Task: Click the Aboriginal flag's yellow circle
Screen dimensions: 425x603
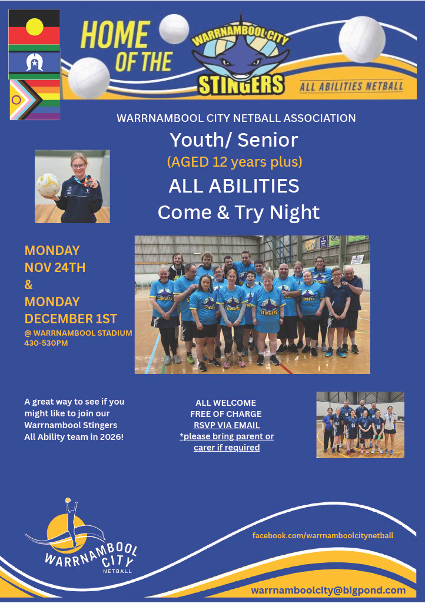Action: point(34,27)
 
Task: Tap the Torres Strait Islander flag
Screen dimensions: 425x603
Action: point(34,62)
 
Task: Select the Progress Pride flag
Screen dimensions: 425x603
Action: point(35,100)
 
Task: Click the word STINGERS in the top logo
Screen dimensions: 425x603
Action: point(241,85)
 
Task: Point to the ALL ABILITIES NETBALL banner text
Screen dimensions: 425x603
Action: point(351,86)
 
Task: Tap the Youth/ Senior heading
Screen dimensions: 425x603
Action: point(234,140)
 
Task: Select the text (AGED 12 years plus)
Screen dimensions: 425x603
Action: point(234,161)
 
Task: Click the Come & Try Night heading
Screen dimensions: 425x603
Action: point(238,212)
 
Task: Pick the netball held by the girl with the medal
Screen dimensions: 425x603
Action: point(48,185)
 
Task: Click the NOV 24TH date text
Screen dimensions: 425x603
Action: point(55,267)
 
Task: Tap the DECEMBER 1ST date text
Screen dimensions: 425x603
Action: point(71,319)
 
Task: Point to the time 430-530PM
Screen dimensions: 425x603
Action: point(46,343)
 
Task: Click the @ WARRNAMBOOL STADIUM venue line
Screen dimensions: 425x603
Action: point(78,333)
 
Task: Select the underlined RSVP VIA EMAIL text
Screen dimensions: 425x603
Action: point(227,425)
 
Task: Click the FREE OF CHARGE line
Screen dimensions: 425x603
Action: point(226,414)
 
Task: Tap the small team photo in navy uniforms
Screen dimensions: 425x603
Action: point(360,425)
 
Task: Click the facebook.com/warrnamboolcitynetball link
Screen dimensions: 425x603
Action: point(323,536)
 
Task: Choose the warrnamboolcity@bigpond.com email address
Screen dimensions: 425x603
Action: point(328,590)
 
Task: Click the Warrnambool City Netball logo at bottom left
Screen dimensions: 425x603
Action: point(81,536)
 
